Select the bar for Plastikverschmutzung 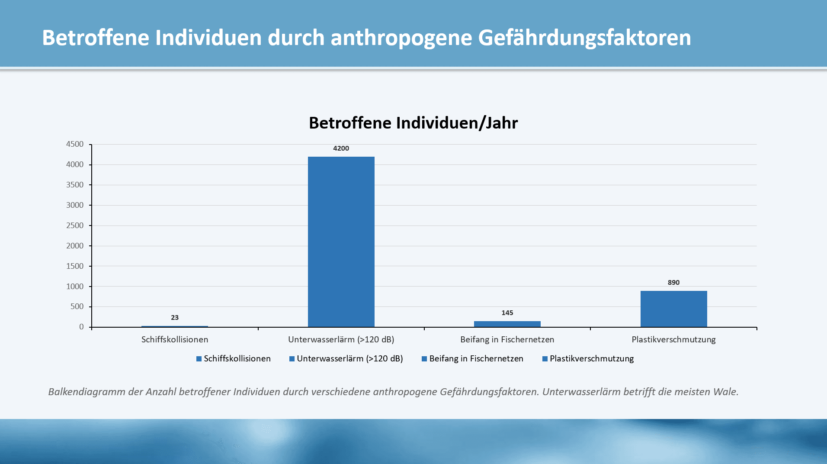tap(673, 309)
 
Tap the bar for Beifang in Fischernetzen tap(507, 324)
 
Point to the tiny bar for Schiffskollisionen tap(174, 326)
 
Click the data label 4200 tap(341, 148)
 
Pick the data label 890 tap(673, 283)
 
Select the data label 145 tap(507, 313)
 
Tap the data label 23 tap(174, 318)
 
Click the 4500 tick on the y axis tap(75, 144)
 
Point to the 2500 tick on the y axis tap(75, 226)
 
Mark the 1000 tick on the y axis tap(75, 287)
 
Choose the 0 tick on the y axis tap(81, 327)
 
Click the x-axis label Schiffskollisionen tap(174, 340)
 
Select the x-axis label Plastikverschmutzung tap(673, 340)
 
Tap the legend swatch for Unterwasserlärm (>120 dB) tap(292, 359)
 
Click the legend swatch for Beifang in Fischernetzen tap(424, 359)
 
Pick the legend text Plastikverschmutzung tap(591, 359)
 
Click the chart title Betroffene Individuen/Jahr tap(413, 123)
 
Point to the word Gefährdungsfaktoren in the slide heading tap(584, 38)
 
